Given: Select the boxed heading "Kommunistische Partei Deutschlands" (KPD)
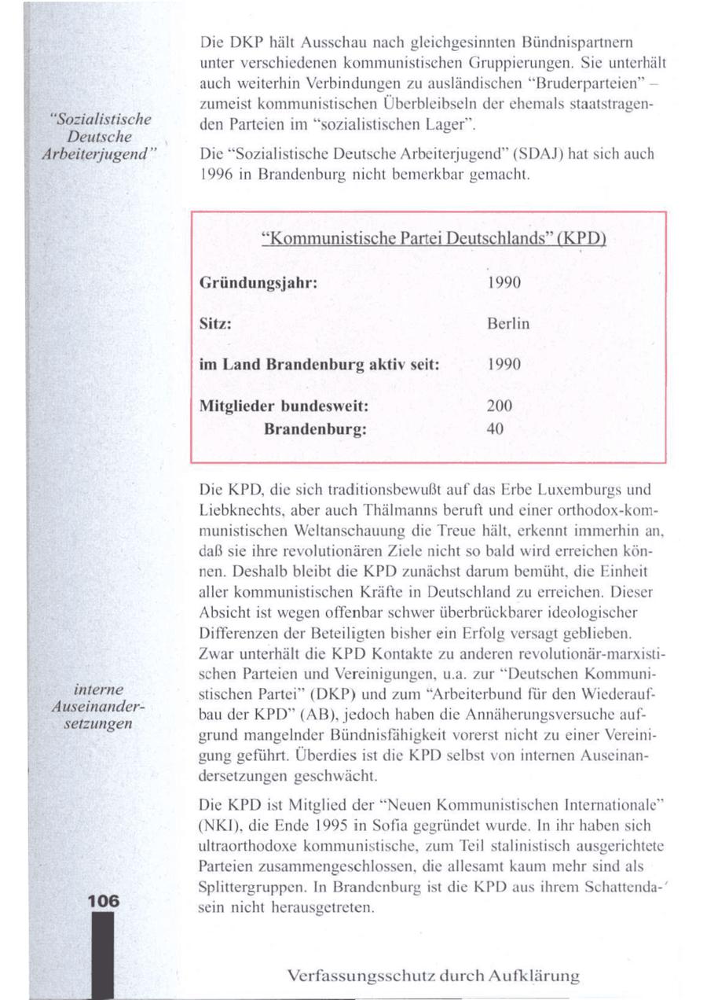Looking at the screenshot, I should [428, 238].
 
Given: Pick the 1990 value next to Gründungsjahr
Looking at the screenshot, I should [503, 281].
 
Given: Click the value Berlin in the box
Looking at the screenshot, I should [508, 323].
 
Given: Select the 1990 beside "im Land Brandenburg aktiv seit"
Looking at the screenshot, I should [503, 366].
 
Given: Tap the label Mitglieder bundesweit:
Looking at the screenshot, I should [285, 407].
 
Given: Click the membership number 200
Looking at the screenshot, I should [499, 407].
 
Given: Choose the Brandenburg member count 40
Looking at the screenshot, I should [495, 429].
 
